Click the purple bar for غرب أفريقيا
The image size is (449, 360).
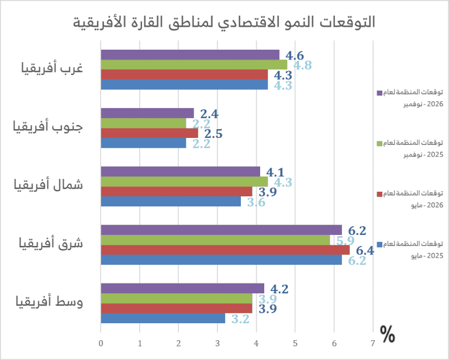tap(190, 55)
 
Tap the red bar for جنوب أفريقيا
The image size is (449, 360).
tap(149, 133)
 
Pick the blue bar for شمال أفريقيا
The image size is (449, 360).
tap(171, 202)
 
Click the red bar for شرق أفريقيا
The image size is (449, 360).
tap(225, 250)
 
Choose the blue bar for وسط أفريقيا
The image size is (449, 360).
tap(163, 319)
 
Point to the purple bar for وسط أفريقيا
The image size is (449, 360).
tap(182, 288)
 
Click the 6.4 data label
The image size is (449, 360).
tap(365, 251)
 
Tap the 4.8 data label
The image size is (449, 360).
tap(303, 65)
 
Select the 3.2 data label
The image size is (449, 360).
tap(241, 319)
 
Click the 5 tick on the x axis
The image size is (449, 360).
tap(295, 343)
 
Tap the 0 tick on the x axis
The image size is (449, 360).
tap(101, 343)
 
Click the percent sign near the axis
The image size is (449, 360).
tap(387, 334)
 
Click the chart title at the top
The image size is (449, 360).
tap(225, 22)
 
